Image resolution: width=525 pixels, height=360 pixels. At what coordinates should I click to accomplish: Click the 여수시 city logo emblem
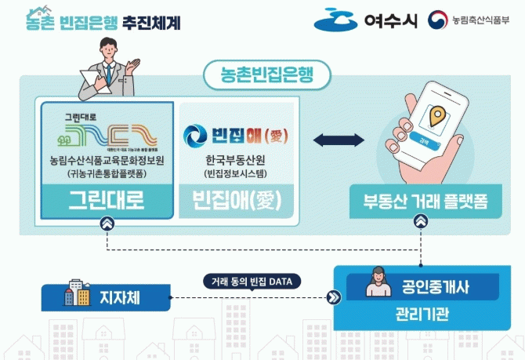click(336, 20)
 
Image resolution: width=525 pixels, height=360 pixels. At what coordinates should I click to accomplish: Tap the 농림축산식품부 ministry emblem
click(438, 20)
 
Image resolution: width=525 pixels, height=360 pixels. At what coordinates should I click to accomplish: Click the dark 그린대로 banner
click(107, 200)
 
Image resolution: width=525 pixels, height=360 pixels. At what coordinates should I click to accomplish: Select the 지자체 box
click(107, 296)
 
